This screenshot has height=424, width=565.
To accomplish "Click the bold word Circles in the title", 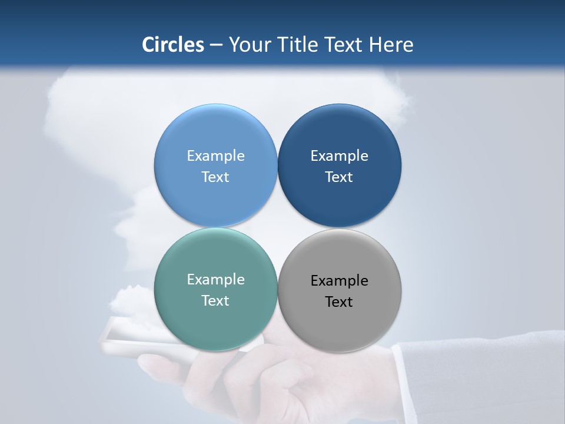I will (172, 45).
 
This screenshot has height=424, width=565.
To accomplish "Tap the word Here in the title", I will (391, 45).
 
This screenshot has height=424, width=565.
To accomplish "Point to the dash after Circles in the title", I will (216, 45).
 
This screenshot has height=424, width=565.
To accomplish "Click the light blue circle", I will (215, 135).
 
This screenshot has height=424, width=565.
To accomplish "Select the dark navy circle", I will (339, 135).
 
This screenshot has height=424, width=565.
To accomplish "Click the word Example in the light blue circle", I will (215, 155).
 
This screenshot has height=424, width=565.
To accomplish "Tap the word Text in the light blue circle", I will (215, 177).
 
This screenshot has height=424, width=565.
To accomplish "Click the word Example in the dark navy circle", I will (339, 155).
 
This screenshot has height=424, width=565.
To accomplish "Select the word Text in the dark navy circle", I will (339, 177).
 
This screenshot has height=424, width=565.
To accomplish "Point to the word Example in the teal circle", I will (215, 279).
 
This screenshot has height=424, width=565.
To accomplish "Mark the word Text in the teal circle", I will (215, 300).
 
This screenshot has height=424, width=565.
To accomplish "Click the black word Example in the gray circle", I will (339, 280).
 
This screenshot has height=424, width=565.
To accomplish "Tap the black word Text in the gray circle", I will (339, 302).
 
